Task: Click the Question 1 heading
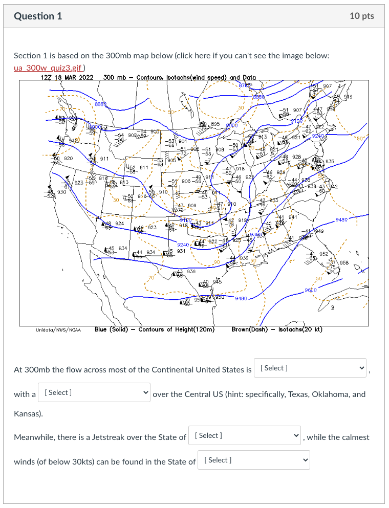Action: coord(38,16)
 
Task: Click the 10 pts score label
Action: coord(362,16)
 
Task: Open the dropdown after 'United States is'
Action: coord(310,368)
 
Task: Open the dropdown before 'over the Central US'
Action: coord(94,393)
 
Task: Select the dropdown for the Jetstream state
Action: coord(244,436)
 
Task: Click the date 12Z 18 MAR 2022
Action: coord(67,78)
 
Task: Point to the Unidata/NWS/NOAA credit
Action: coord(57,330)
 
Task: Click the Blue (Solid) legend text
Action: coord(115,329)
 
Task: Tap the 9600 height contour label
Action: coord(311,290)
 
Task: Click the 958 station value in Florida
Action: coord(343,262)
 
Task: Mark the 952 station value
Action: coord(323,253)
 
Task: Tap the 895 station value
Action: coord(215,124)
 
